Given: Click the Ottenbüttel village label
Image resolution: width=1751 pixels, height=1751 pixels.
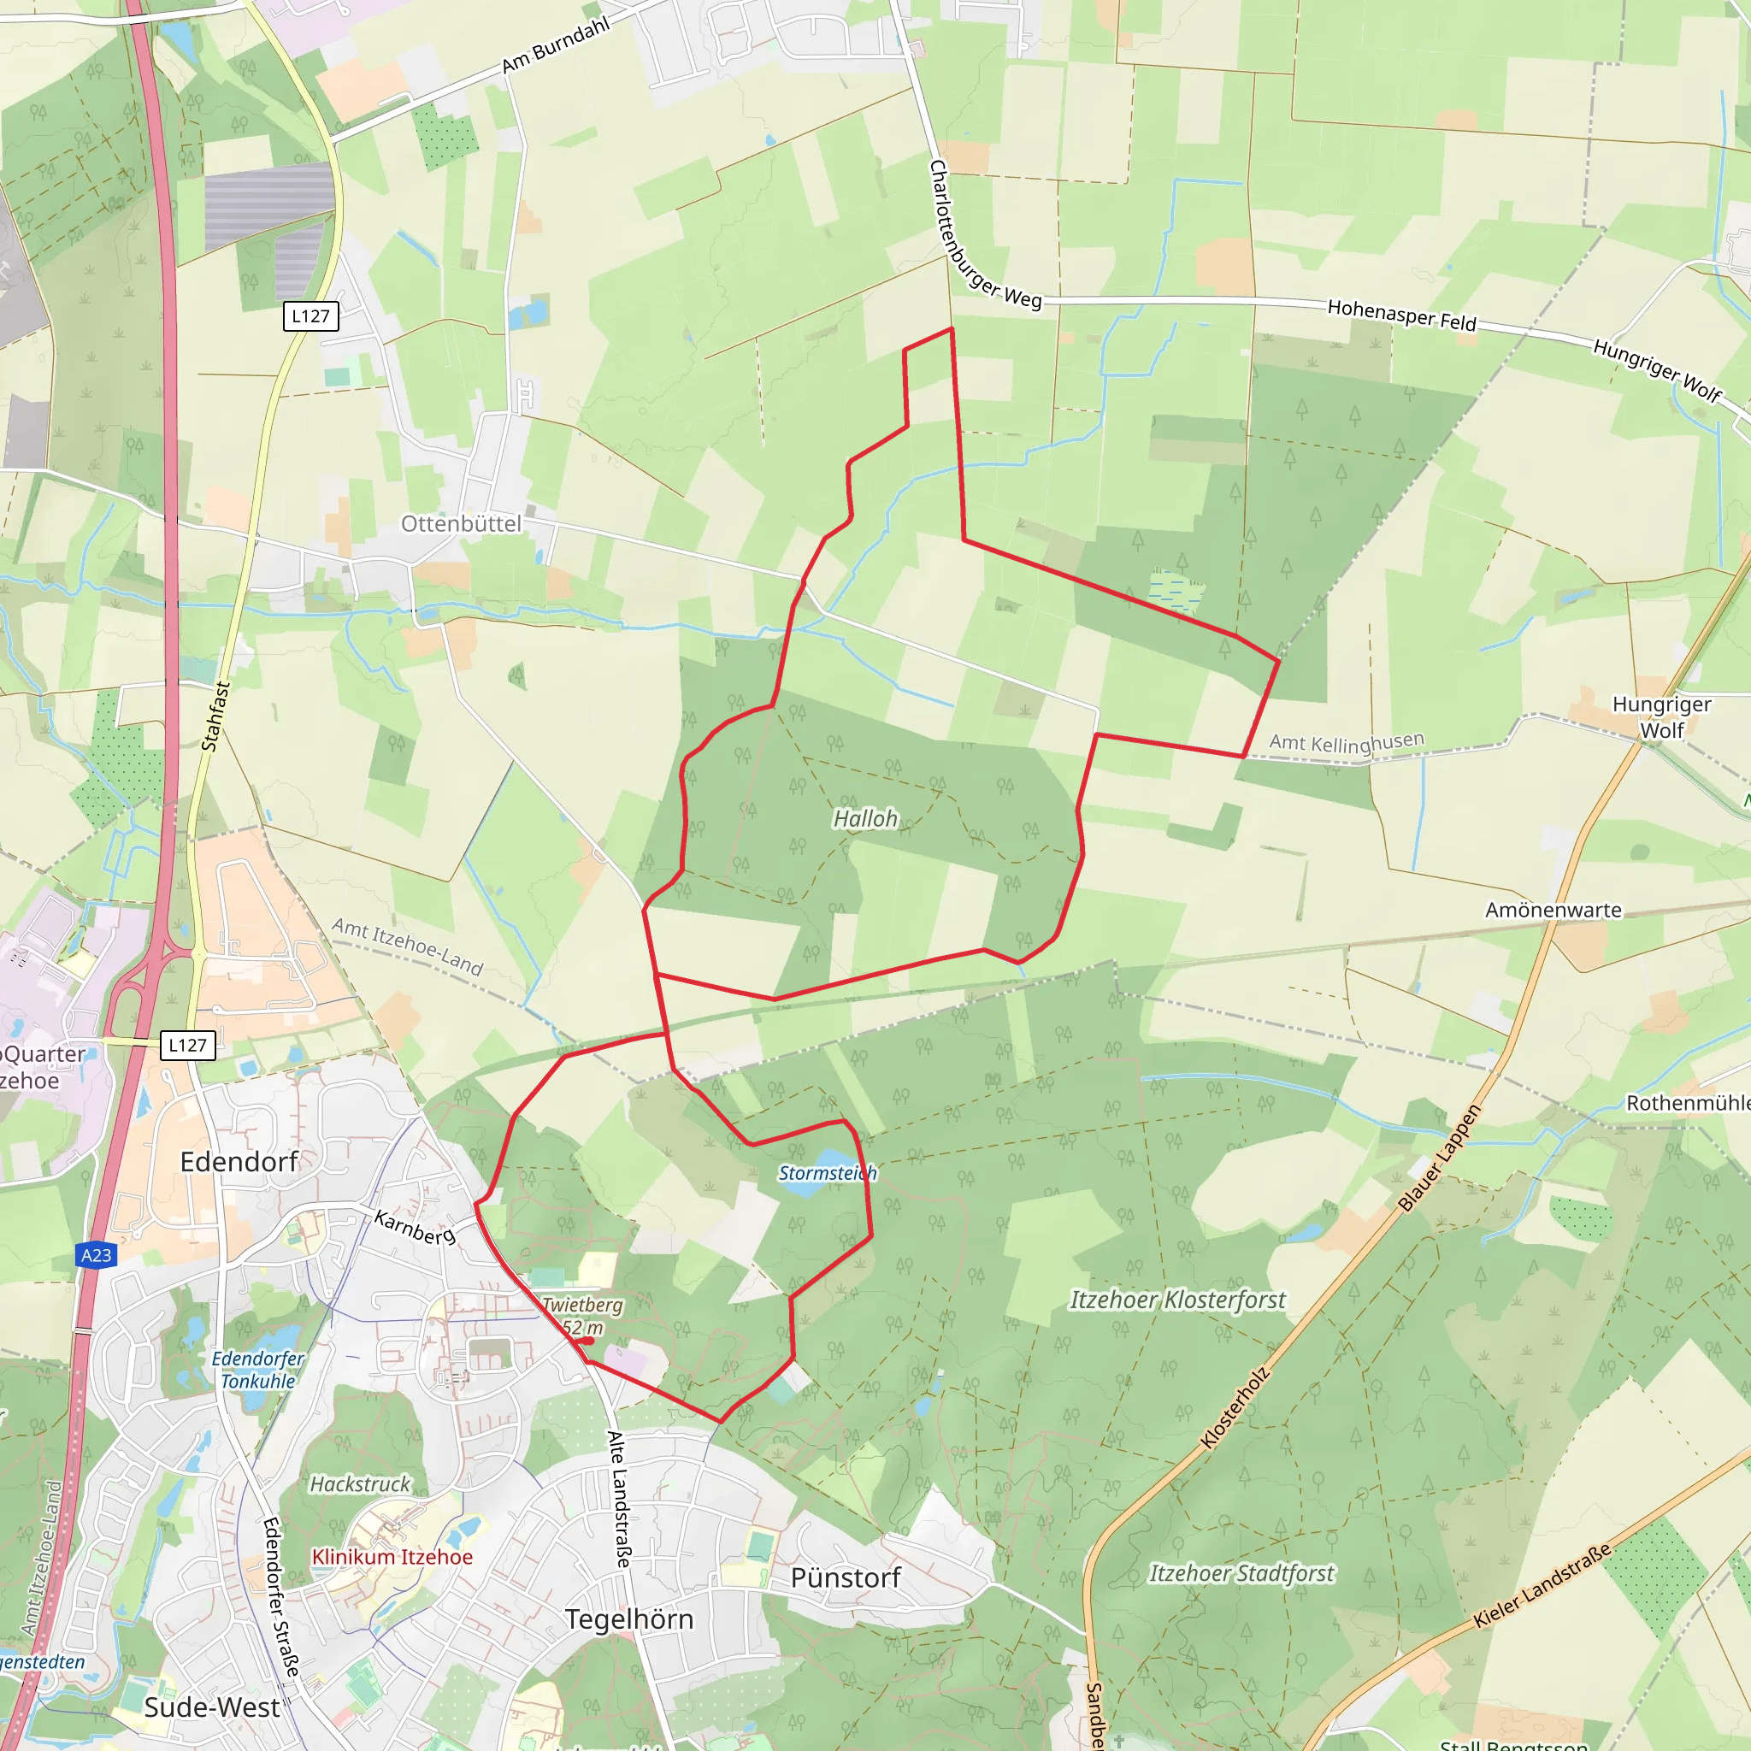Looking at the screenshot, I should coord(461,524).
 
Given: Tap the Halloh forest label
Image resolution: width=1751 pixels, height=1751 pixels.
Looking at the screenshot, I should coord(865,818).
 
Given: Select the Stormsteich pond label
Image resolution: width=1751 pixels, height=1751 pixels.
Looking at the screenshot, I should coord(828,1173).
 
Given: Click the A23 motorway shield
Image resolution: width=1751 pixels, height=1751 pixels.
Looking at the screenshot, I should coord(96,1255).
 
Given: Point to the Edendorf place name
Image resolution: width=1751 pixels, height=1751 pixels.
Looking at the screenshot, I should coord(239,1162).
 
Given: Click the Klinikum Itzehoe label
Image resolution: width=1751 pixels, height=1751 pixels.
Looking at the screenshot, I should coord(392,1556).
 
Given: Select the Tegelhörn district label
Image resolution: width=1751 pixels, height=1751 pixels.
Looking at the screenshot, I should coord(629,1618).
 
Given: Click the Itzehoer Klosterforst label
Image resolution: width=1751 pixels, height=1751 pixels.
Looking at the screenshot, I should coord(1177,1300).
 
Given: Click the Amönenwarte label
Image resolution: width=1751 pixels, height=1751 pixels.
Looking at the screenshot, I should coord(1553,910).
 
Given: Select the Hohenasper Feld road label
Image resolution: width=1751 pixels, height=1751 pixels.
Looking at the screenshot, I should coord(1402,315).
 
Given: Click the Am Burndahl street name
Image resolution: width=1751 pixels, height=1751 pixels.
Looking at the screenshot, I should coord(556,44).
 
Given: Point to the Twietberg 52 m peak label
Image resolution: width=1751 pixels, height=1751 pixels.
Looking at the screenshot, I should coord(582,1316).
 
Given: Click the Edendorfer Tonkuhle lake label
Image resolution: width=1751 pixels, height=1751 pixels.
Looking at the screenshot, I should coord(258,1370).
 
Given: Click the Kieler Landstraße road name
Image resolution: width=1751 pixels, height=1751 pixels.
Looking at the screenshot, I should coord(1542,1585).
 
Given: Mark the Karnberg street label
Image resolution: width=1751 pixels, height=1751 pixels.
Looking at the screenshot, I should coord(414,1228).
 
